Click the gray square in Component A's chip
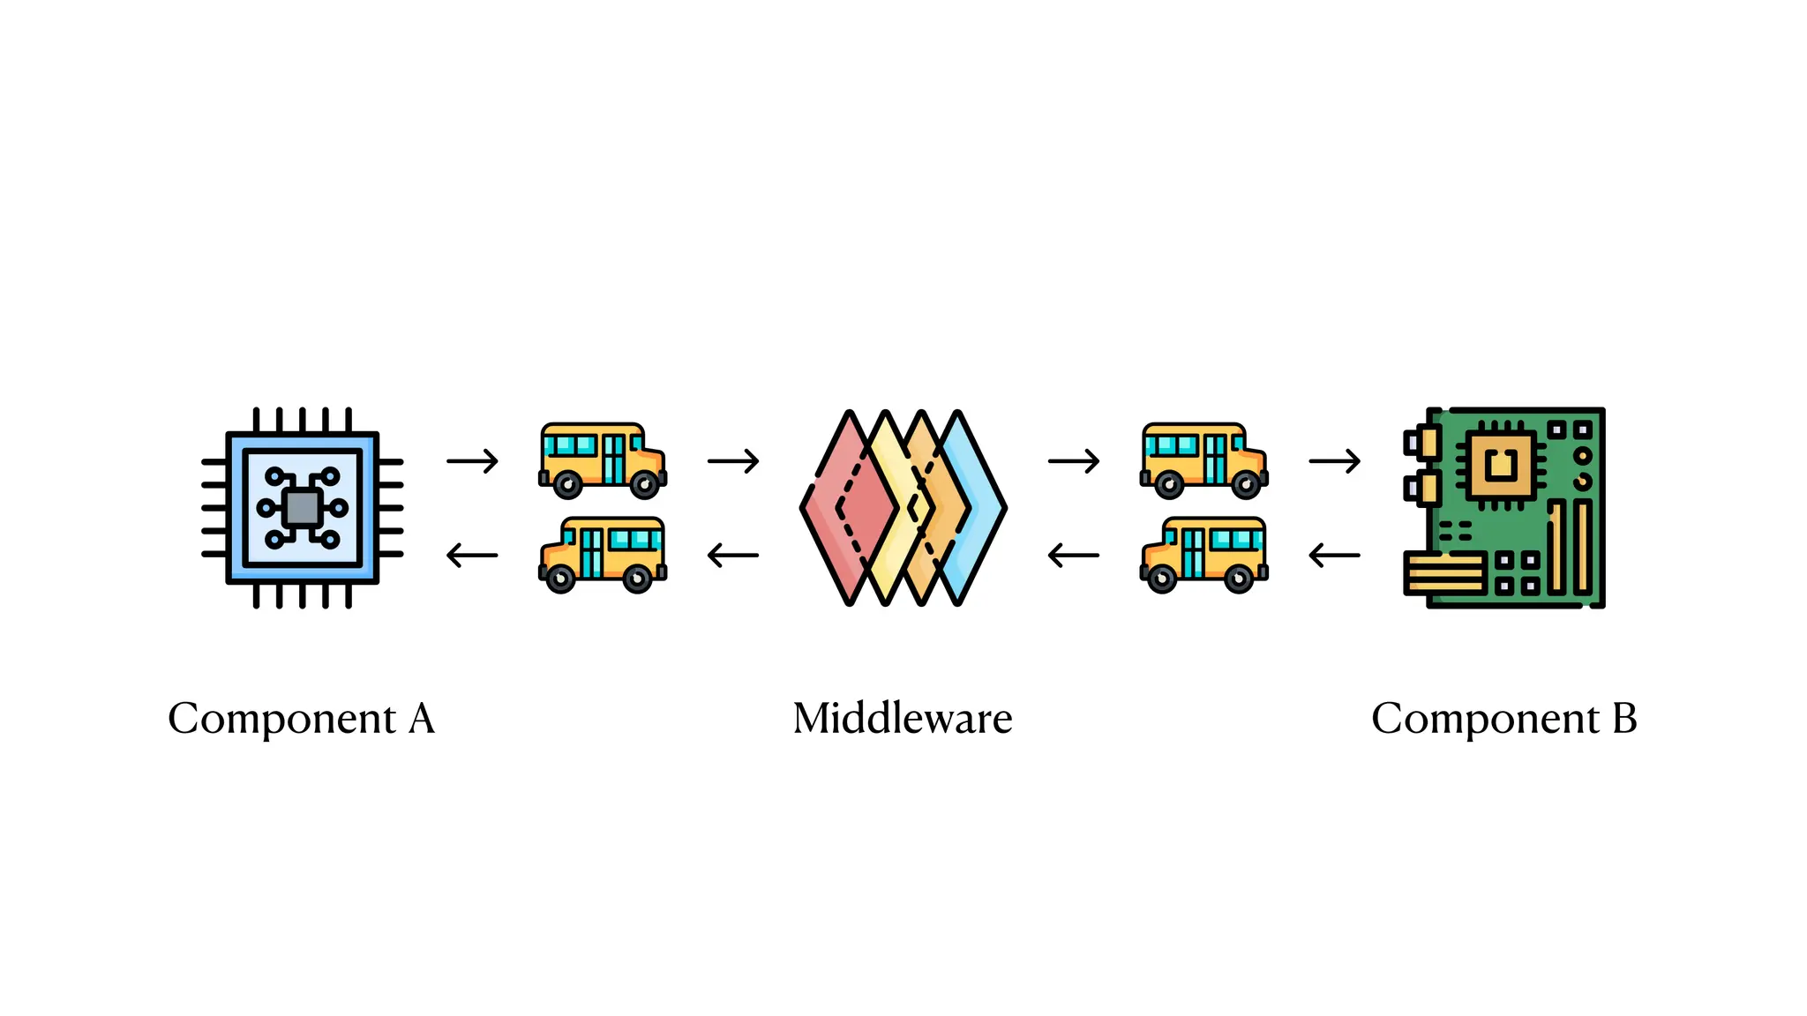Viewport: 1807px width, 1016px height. (x=302, y=508)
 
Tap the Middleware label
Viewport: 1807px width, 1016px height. (x=902, y=718)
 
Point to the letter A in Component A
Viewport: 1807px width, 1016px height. (x=422, y=718)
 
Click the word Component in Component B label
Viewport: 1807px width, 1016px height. (x=1485, y=720)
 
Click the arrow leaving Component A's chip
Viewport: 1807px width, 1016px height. (x=473, y=460)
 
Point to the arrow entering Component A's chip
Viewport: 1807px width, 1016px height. (x=473, y=556)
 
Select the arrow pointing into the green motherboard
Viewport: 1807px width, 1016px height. (x=1334, y=460)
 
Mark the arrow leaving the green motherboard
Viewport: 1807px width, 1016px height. (x=1334, y=556)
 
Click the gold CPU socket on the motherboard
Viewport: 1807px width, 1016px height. (x=1500, y=462)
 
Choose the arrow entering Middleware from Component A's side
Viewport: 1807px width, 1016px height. (x=733, y=460)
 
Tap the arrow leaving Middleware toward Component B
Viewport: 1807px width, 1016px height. (x=1074, y=460)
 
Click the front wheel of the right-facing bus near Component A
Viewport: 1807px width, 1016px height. (x=644, y=484)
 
